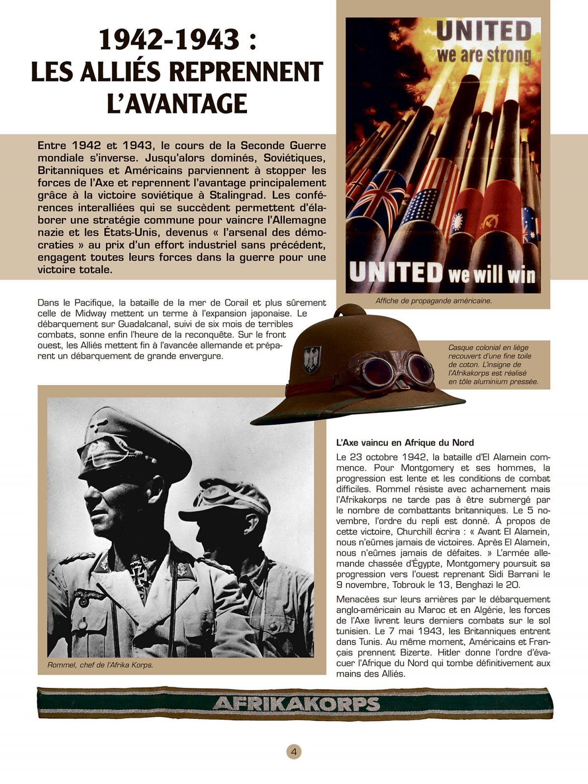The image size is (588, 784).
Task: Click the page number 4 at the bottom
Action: tap(294, 752)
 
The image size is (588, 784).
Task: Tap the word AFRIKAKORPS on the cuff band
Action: tap(296, 704)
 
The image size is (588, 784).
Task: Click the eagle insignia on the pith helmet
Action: tap(312, 359)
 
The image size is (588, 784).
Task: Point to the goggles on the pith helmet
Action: tap(397, 371)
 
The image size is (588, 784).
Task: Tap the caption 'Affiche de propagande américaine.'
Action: tap(434, 301)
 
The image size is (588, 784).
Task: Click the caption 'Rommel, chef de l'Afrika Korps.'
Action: tap(100, 665)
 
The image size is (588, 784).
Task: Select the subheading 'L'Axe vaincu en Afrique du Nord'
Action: tap(405, 442)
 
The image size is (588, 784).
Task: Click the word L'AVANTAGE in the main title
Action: tap(177, 104)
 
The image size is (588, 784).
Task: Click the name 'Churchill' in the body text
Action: tap(415, 532)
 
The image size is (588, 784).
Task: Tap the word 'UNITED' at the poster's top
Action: tap(484, 32)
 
